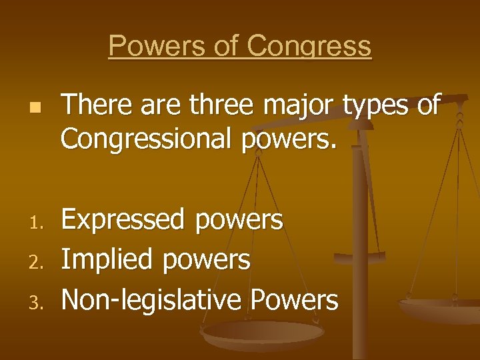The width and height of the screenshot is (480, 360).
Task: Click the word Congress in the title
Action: tap(309, 47)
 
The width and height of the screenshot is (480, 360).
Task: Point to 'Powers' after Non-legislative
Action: tap(294, 301)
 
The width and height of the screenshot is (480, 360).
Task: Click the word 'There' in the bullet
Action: tap(91, 105)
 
